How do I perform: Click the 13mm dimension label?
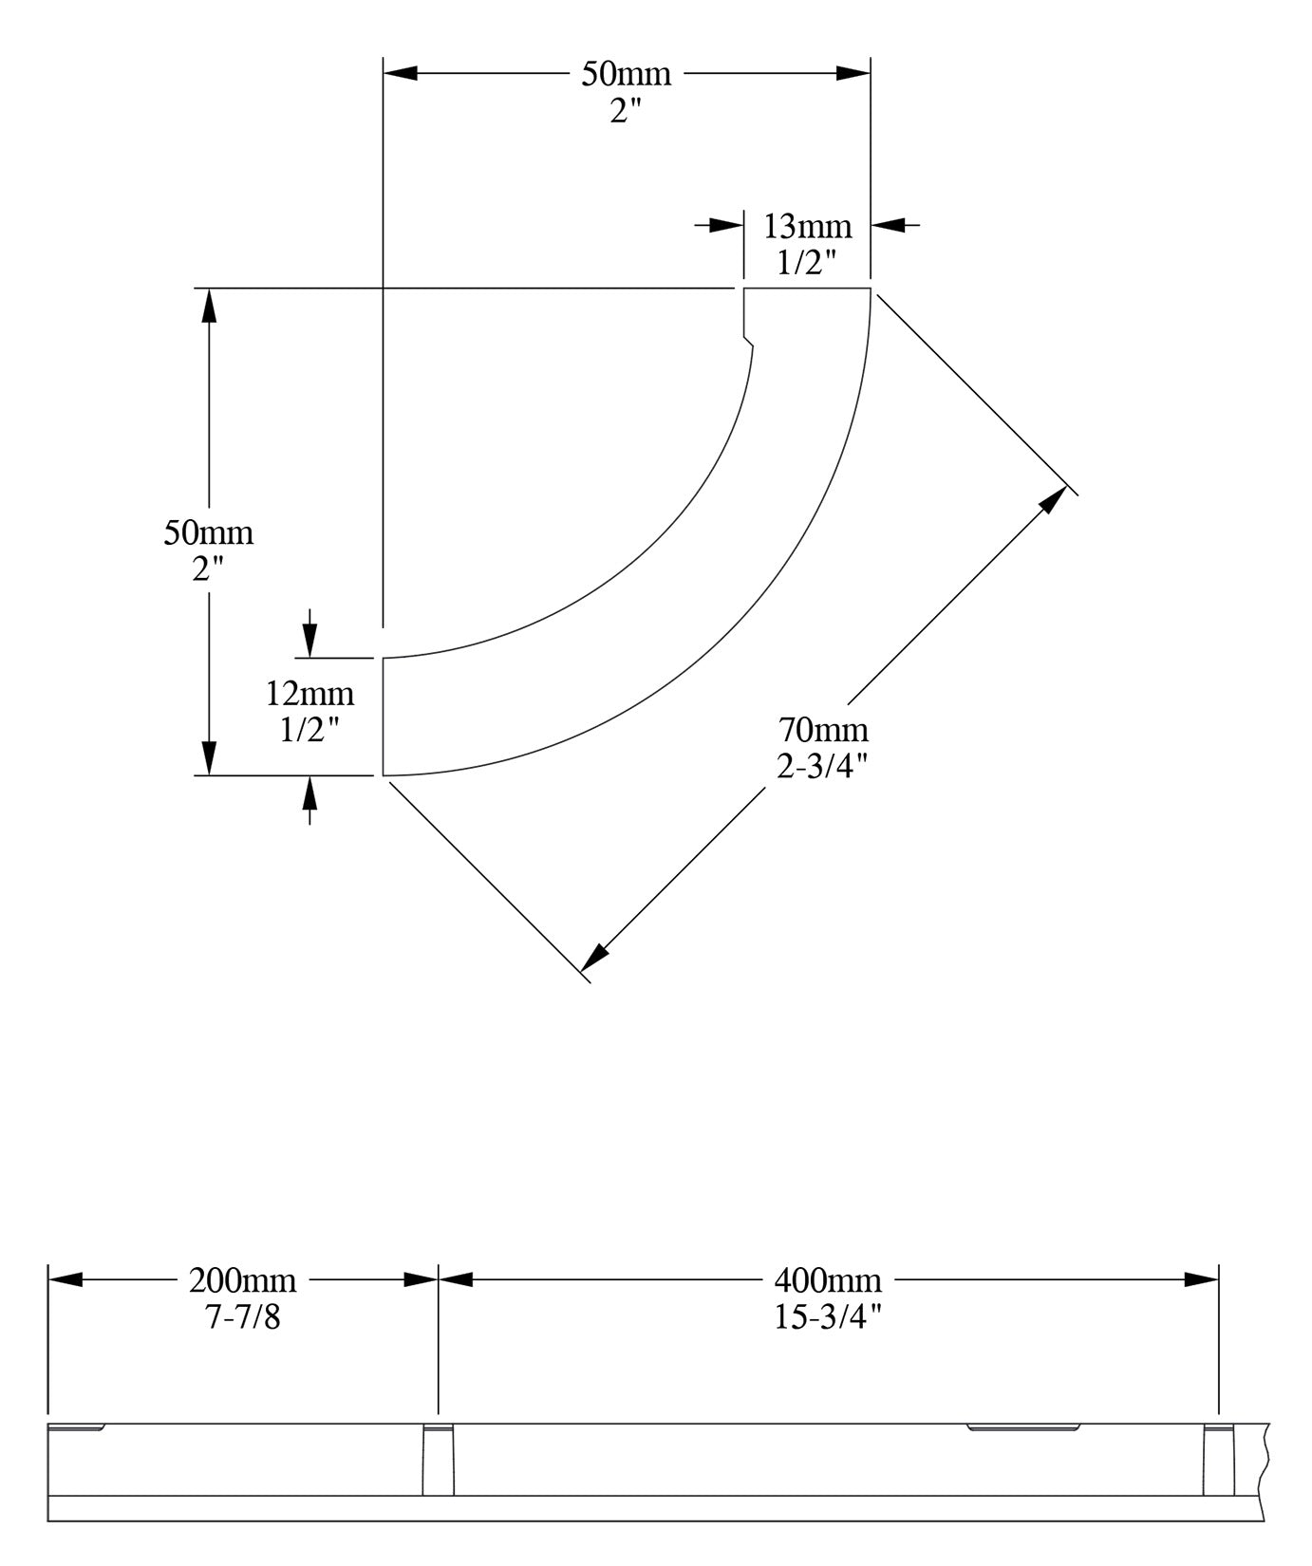pos(808,227)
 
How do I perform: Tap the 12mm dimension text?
pos(309,694)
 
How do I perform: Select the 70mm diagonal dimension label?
pos(823,730)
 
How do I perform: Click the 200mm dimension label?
pos(242,1280)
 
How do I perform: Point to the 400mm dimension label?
pos(828,1280)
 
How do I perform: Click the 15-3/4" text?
pos(828,1317)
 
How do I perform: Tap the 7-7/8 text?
pos(243,1317)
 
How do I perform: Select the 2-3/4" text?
pos(823,766)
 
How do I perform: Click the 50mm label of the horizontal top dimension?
pos(627,73)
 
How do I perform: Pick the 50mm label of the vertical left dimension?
pos(209,532)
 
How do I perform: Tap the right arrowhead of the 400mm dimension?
pos(1201,1279)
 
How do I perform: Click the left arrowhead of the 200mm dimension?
pos(66,1279)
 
